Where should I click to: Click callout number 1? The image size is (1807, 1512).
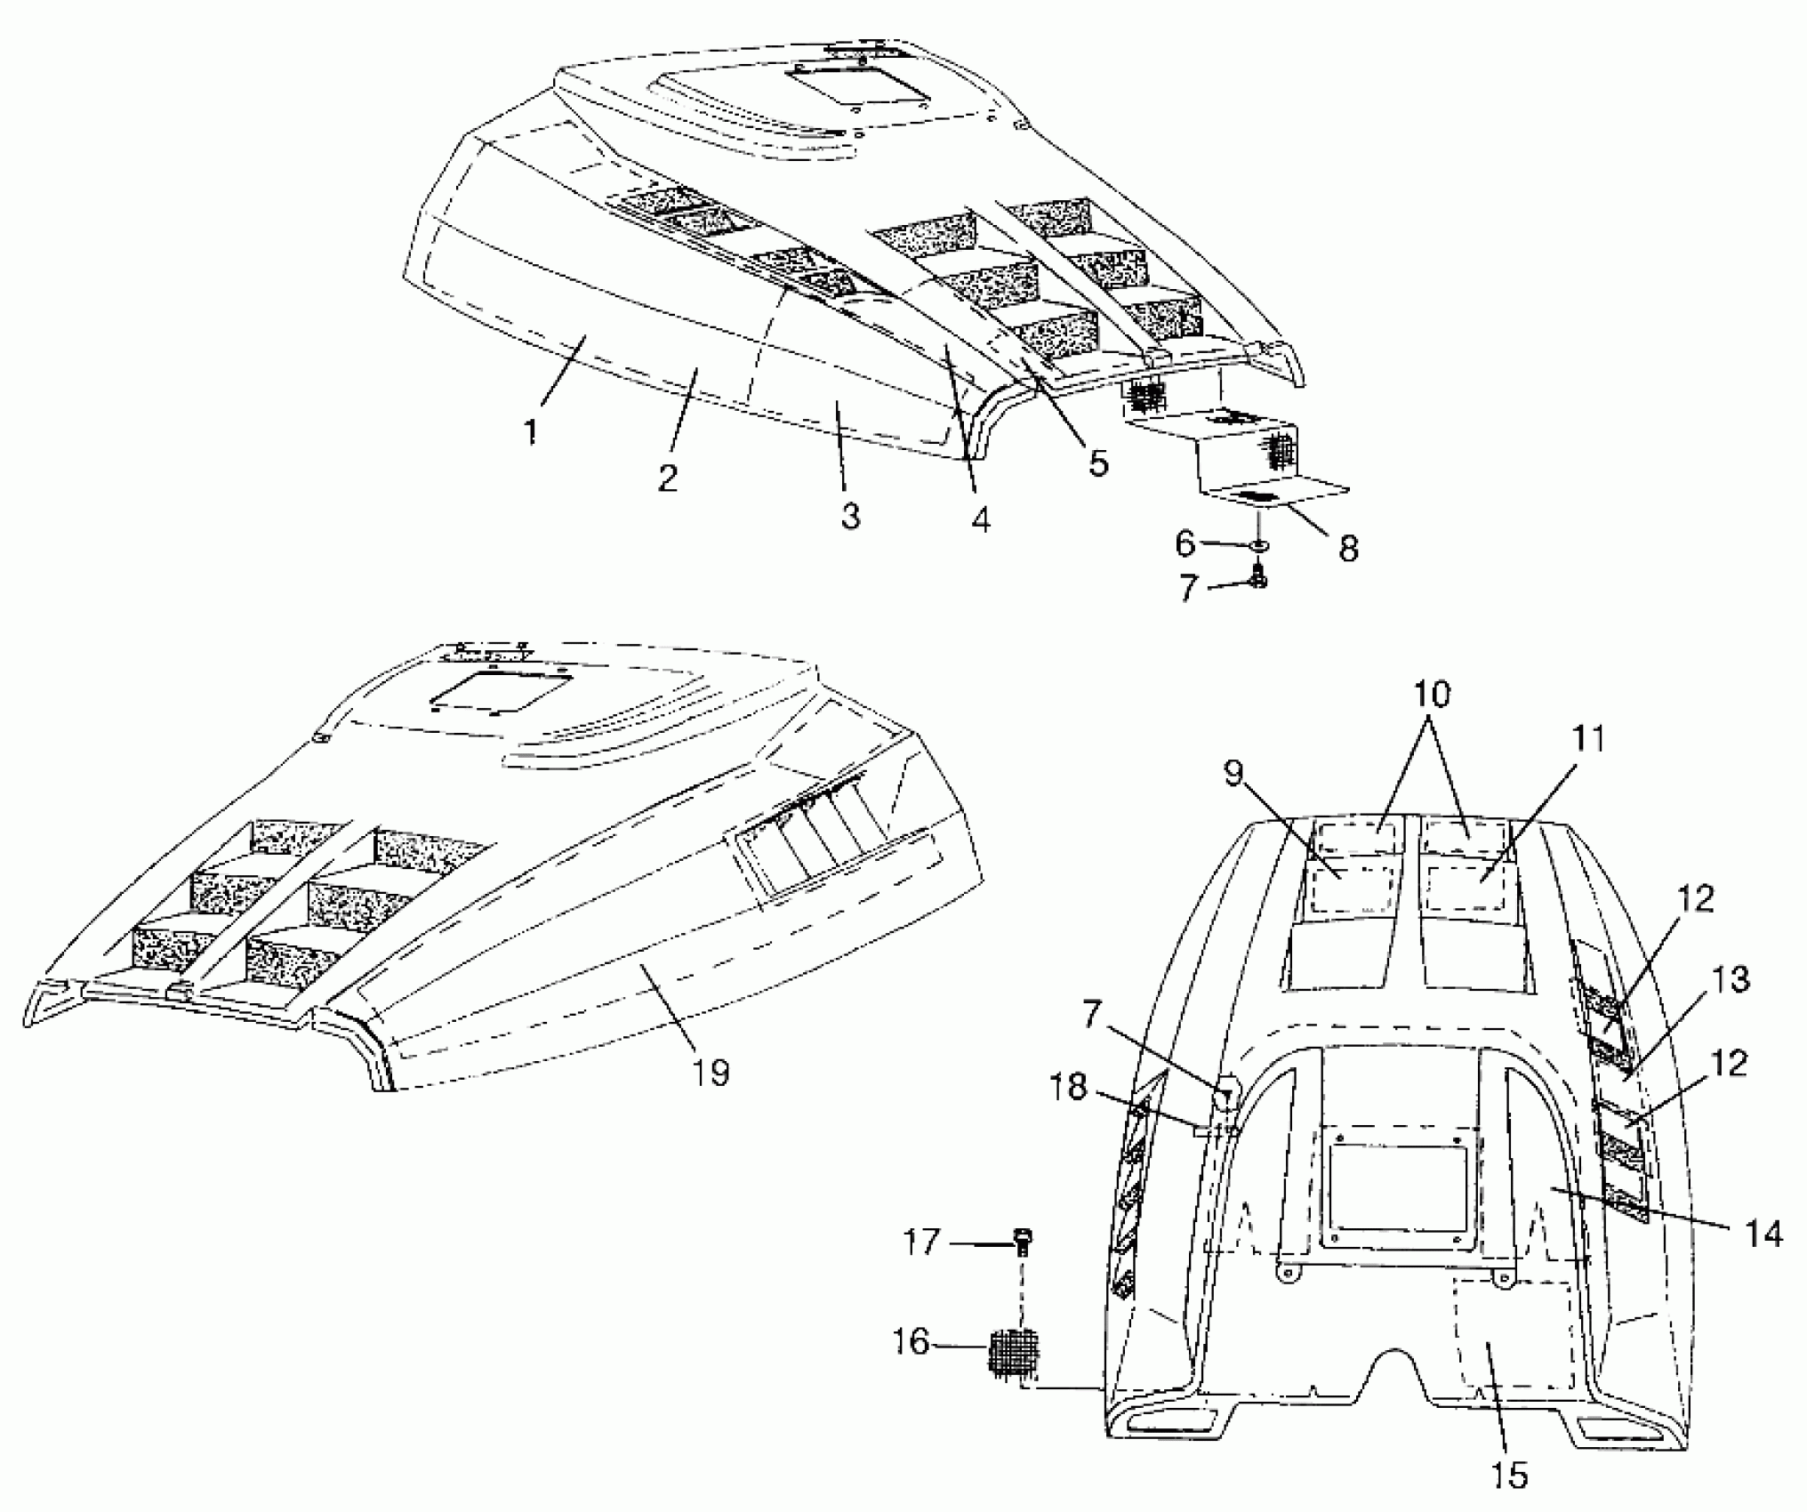tap(530, 433)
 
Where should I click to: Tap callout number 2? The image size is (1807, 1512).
tap(668, 478)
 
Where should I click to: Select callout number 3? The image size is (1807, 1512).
tap(850, 515)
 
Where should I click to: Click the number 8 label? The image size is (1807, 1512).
tap(1348, 549)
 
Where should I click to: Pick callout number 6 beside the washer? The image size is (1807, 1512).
tap(1185, 543)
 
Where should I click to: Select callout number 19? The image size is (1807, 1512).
tap(712, 1073)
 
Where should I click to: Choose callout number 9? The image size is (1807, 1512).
tap(1233, 775)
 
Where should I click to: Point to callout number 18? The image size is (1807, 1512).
tap(1069, 1087)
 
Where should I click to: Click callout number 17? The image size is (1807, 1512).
tap(921, 1242)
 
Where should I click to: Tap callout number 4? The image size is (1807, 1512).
tap(980, 520)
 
